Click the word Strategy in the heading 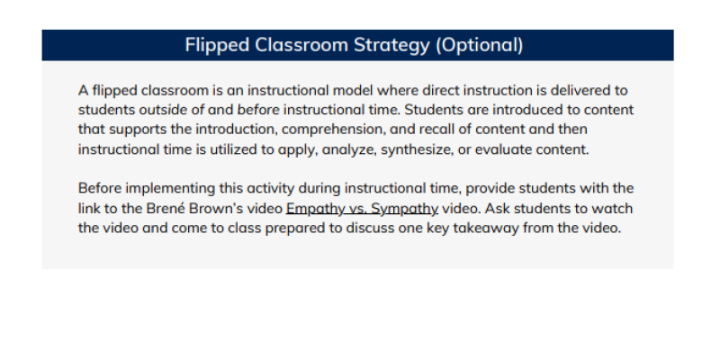pos(391,46)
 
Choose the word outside pos(163,110)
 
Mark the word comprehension pos(333,130)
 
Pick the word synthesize pos(417,150)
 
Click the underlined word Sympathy pos(404,210)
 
